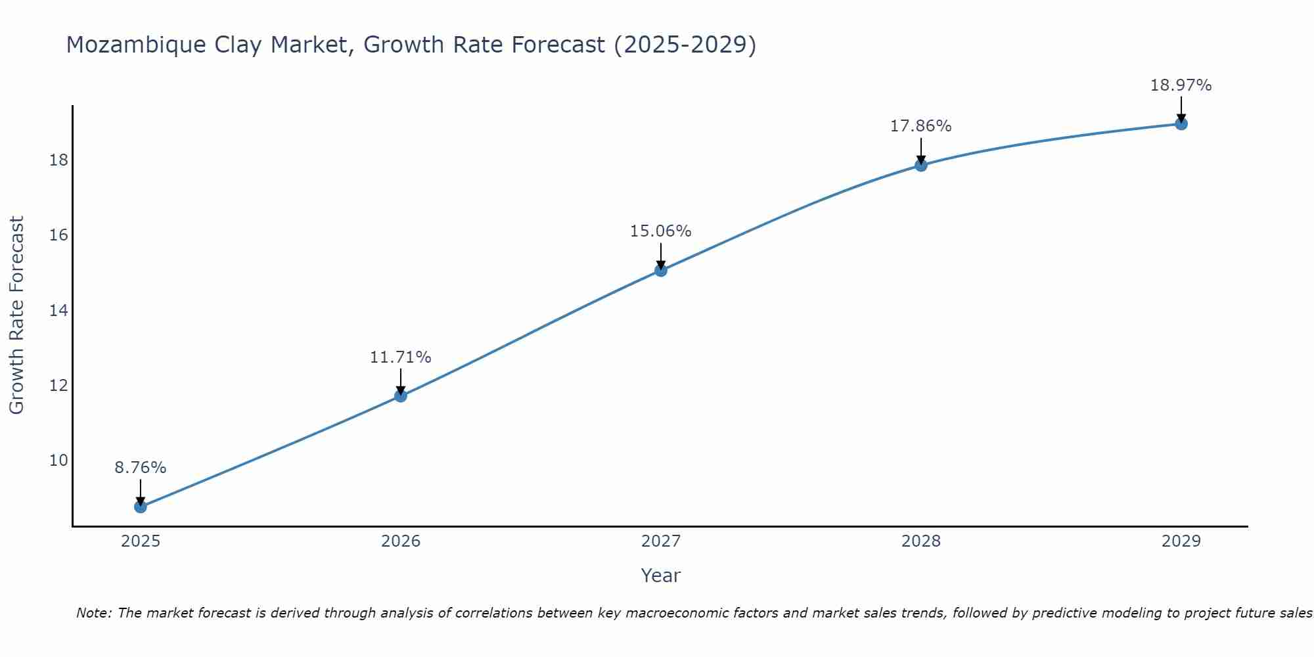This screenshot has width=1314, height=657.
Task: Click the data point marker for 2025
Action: click(x=141, y=507)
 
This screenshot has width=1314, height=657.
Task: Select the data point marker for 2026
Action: click(x=401, y=396)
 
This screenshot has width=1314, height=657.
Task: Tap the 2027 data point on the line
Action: click(x=661, y=270)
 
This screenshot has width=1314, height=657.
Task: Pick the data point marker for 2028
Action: click(x=921, y=165)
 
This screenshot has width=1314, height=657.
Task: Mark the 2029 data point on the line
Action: click(x=1181, y=124)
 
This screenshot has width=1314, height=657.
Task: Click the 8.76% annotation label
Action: click(x=141, y=468)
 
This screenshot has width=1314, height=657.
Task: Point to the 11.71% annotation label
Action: click(x=401, y=357)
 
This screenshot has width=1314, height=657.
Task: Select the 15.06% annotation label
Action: click(x=661, y=231)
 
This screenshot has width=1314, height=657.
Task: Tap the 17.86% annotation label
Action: click(x=921, y=126)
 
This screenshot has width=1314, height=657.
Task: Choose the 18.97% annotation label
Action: click(x=1181, y=85)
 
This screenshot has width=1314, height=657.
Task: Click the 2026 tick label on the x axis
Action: click(x=401, y=541)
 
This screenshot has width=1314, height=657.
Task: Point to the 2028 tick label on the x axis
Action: click(x=921, y=541)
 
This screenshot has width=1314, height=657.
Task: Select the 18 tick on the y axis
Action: click(x=59, y=160)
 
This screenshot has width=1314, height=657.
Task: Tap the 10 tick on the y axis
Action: click(x=59, y=460)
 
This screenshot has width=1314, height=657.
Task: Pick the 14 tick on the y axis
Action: click(x=59, y=310)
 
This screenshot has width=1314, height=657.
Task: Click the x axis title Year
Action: click(x=660, y=576)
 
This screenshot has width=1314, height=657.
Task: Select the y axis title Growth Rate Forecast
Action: click(x=16, y=315)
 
